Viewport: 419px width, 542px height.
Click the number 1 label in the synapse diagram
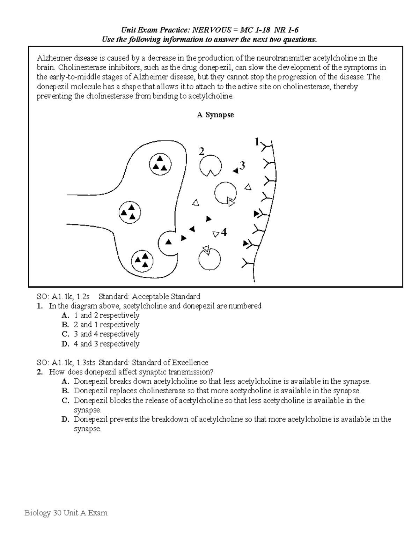click(257, 142)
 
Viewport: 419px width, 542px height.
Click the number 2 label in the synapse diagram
click(201, 152)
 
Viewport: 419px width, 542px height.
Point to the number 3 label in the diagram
click(242, 165)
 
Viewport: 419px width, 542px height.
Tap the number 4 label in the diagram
click(224, 232)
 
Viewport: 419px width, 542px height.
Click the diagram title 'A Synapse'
click(215, 115)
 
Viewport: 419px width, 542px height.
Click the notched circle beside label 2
click(210, 166)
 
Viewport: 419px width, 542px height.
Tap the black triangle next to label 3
click(236, 171)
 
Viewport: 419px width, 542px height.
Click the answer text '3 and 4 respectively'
click(106, 334)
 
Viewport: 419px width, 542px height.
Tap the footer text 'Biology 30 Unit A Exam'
click(66, 513)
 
